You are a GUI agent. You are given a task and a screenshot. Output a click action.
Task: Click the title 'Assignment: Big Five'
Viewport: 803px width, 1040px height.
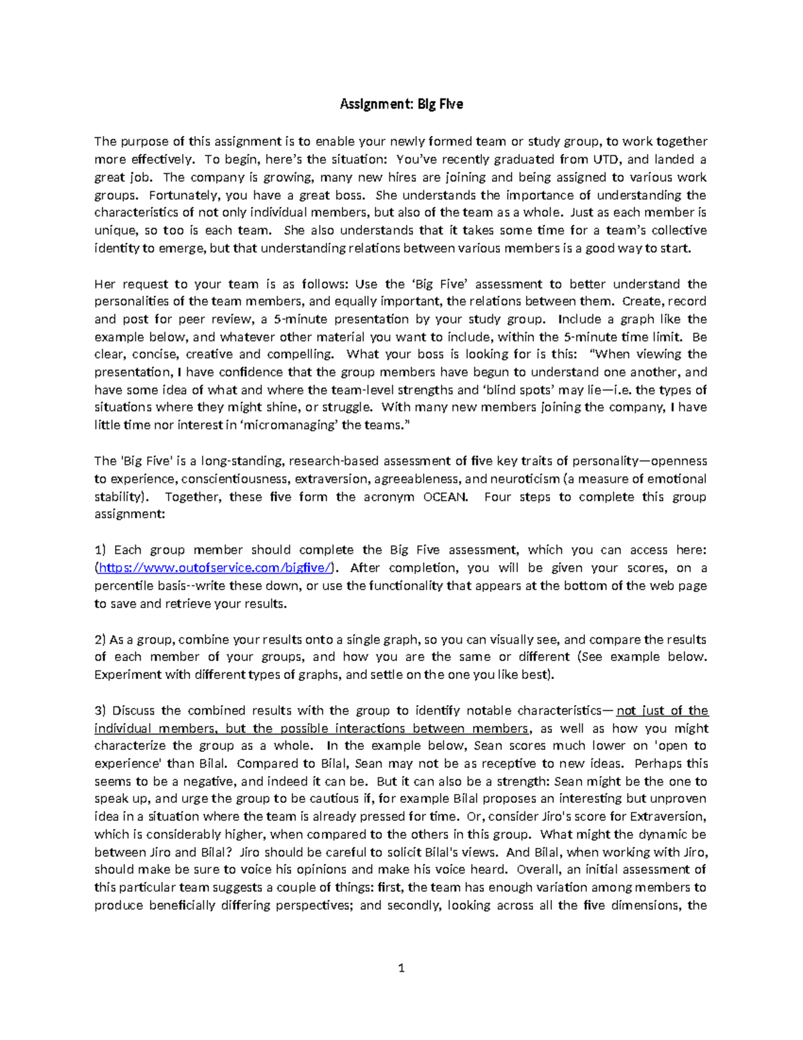pos(401,104)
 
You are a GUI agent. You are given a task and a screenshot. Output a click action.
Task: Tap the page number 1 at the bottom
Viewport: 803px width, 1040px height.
pos(401,968)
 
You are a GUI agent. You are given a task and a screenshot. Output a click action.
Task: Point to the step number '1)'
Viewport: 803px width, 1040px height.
pos(100,550)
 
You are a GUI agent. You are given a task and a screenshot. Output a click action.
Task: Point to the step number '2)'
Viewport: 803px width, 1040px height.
pos(100,639)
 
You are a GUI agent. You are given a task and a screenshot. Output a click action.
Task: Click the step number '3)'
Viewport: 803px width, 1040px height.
pos(100,711)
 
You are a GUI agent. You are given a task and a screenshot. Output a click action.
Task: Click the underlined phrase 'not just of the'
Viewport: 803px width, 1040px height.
pos(662,711)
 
